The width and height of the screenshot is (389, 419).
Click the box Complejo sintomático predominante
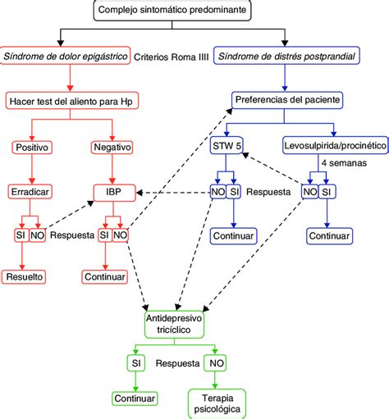coord(172,10)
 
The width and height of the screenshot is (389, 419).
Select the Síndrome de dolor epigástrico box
coord(65,56)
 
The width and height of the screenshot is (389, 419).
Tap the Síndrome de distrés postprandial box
coord(286,56)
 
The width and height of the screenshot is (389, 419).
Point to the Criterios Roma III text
coord(172,57)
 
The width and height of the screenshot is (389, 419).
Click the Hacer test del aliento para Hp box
coord(72,101)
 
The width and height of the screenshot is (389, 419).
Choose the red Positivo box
coord(32,148)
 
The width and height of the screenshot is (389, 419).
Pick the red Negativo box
coord(112,148)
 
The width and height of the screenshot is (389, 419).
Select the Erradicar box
coord(30,192)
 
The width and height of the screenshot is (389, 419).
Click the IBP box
coord(114,193)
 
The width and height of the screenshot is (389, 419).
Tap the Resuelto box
coord(24,277)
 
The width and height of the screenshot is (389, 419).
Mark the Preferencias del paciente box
coord(287,100)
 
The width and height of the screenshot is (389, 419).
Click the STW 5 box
coord(227,145)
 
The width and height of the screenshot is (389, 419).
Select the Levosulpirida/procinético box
coord(336,145)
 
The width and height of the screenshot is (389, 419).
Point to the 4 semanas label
coord(344,163)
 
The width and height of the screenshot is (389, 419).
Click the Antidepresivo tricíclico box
coord(174,324)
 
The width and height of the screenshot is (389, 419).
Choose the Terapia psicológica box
coord(217,403)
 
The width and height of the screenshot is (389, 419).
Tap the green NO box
coord(215,363)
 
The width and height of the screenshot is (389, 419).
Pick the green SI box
coord(136,363)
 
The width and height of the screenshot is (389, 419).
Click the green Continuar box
coord(135,399)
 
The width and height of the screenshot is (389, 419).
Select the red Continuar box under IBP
coord(105,277)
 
